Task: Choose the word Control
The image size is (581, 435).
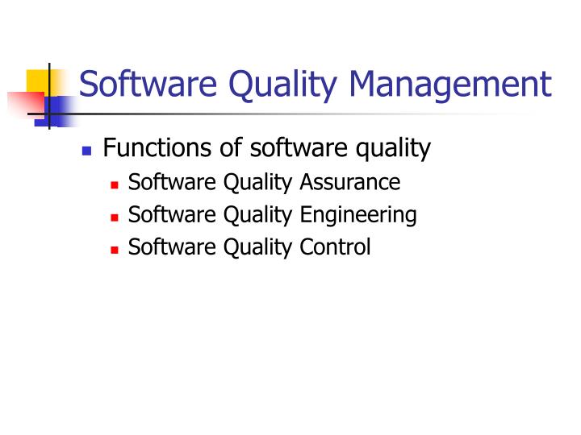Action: click(335, 246)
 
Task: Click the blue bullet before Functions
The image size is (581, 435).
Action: click(87, 151)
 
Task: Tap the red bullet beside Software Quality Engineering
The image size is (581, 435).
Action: click(115, 217)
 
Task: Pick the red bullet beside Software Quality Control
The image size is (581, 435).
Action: click(115, 250)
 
